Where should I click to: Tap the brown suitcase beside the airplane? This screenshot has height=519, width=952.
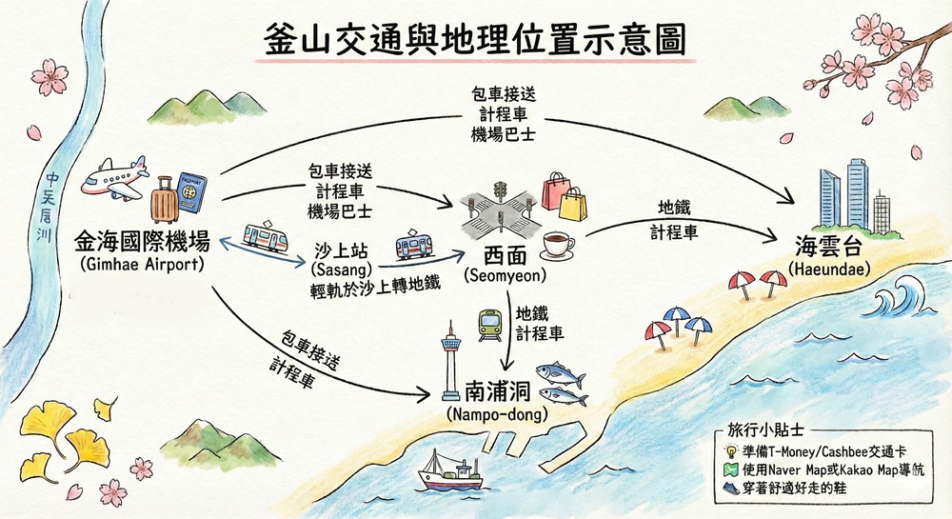coord(164,202)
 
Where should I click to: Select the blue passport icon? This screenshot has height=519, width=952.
coord(191,194)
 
